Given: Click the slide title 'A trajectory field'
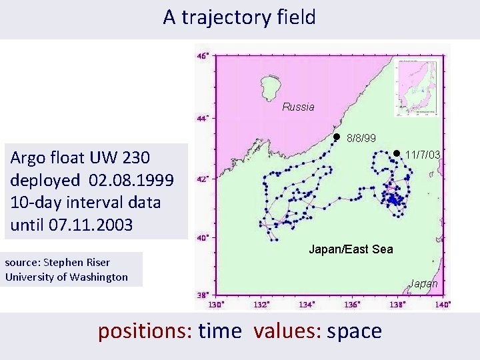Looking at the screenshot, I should [x=239, y=17].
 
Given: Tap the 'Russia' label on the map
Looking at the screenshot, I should [x=298, y=107].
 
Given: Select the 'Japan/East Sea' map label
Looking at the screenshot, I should [x=351, y=249].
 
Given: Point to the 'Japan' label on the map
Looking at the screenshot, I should [x=424, y=283].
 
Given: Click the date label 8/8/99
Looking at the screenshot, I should [x=361, y=139].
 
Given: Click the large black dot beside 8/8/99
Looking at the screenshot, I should [x=337, y=137].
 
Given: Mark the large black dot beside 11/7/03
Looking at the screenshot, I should [x=395, y=153].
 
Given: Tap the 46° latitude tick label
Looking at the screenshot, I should [x=203, y=56].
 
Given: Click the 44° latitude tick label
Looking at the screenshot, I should [x=203, y=119].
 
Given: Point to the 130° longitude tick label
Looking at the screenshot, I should [x=215, y=305].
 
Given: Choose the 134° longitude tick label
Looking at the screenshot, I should [x=307, y=305].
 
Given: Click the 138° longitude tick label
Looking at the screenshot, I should [x=398, y=305].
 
